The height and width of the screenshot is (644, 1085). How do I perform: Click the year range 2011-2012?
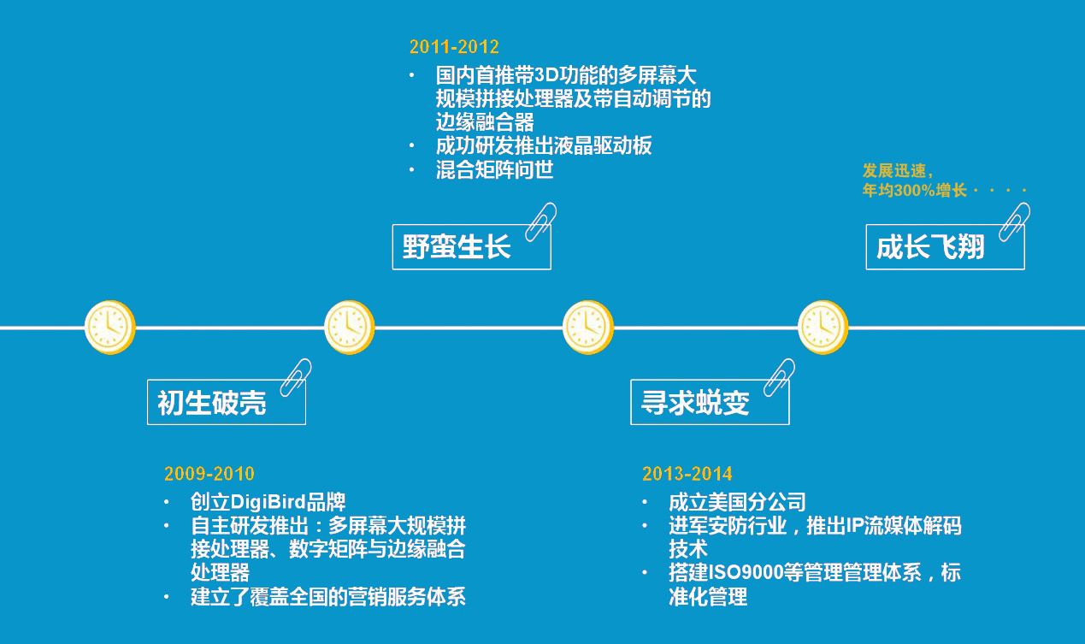coord(454,47)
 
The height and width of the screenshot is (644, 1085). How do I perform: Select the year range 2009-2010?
coord(209,474)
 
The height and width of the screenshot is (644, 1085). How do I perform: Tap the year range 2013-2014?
coord(687,474)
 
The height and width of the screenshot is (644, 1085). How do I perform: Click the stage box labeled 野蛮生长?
coord(471,247)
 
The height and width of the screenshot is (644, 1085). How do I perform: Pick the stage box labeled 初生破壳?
coord(227,402)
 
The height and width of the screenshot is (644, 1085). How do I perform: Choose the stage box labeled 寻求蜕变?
coord(710,402)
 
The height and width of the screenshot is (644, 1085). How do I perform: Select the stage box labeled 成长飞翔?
coord(945,247)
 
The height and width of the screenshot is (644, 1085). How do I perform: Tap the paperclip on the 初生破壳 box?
coord(296,376)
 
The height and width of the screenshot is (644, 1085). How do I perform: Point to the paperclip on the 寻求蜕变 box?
coord(779,376)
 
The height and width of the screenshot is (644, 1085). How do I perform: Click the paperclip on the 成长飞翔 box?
coord(1014,221)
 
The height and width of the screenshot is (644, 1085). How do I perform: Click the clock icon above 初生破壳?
coord(110,327)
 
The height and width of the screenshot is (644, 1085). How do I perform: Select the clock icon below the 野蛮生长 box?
coord(350,327)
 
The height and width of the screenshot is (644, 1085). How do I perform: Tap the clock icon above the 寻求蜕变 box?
coord(588,327)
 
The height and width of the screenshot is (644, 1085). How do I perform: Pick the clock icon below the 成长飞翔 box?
coord(823,327)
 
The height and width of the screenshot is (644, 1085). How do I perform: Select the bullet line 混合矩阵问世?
coord(494,170)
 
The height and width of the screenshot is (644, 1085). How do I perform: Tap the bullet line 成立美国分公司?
coord(737,502)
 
